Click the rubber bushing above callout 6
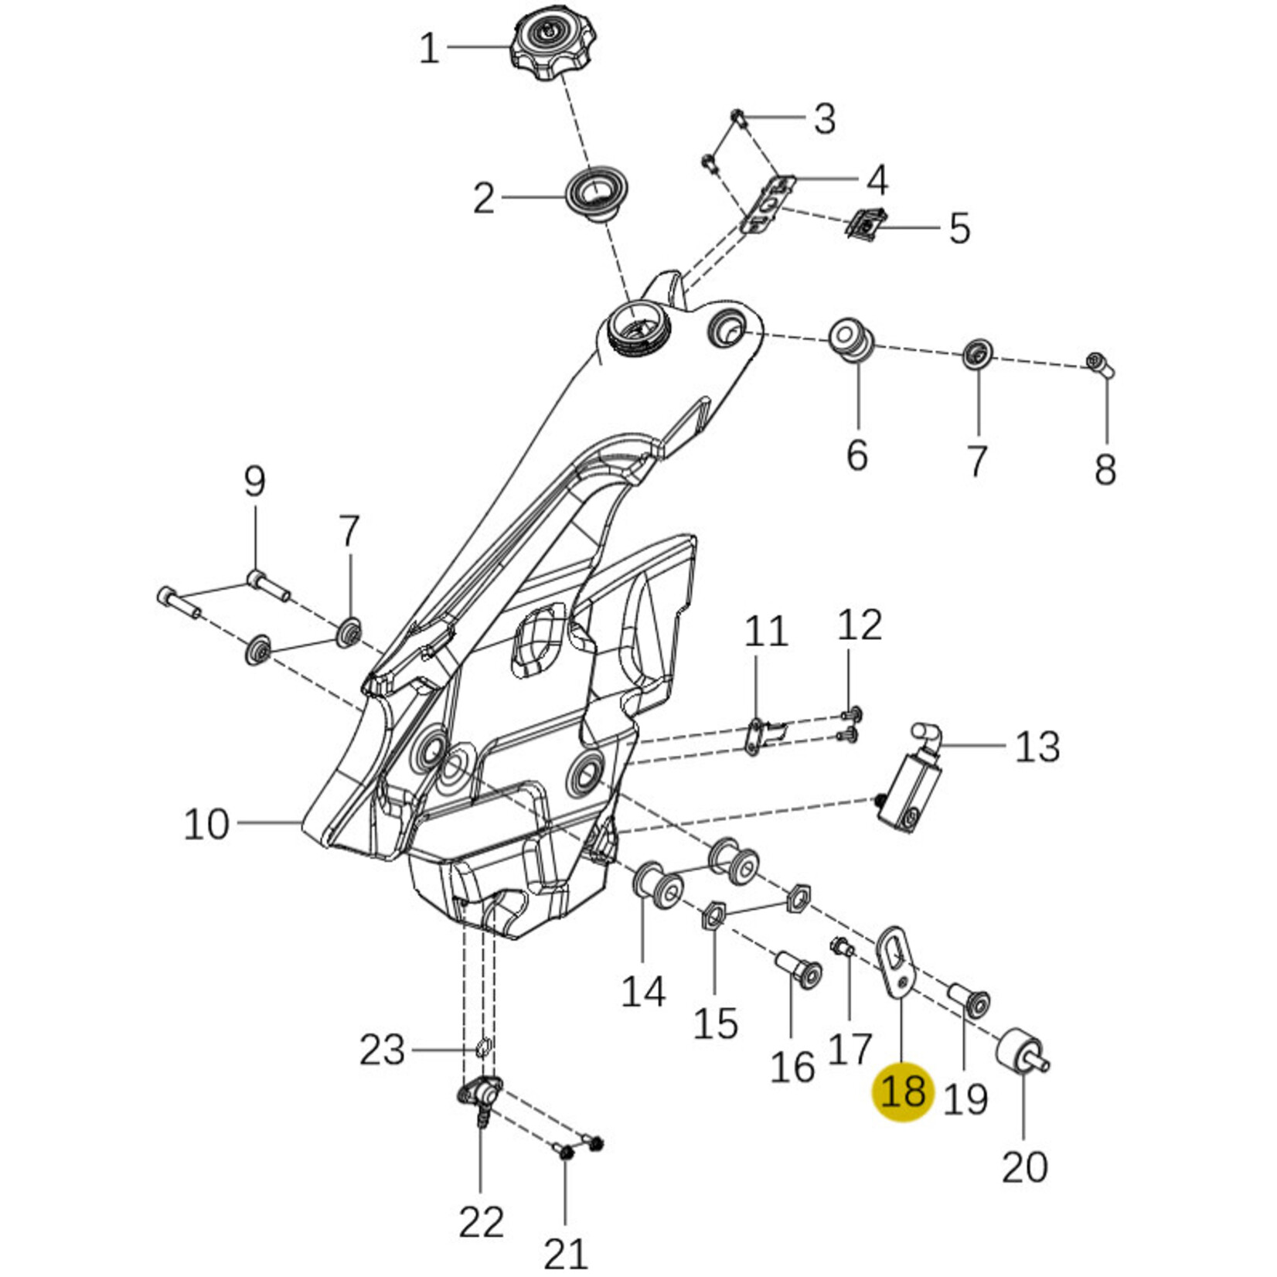851,338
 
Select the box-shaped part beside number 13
912,798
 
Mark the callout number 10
206,824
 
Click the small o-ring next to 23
482,1048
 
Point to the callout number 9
254,482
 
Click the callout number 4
877,180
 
